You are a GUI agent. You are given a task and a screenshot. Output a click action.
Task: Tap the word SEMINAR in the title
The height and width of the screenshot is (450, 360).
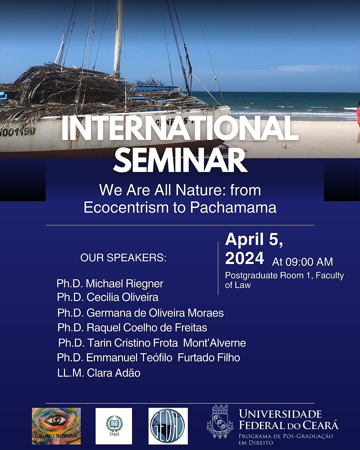point(180,161)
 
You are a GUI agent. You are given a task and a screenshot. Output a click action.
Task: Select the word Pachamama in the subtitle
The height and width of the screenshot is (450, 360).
point(233,207)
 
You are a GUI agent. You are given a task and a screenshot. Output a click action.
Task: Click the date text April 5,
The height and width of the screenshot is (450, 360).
point(254,239)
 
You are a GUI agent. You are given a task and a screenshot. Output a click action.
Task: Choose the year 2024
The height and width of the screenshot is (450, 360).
point(245,258)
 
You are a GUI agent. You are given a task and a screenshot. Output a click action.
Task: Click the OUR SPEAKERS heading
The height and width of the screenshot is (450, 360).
point(123,258)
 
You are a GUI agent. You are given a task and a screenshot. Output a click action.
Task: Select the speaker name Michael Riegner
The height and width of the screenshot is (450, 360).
point(124,284)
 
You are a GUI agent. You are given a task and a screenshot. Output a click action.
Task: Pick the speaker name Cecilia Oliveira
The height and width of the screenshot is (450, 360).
point(122,297)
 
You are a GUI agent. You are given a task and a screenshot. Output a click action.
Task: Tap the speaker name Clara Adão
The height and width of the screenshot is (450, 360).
point(114,373)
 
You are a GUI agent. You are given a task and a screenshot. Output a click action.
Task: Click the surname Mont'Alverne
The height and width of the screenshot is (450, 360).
point(214,343)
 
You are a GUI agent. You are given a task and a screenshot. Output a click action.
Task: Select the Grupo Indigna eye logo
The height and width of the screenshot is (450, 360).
point(56,426)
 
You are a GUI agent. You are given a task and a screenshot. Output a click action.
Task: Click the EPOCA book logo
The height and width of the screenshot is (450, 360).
point(114,426)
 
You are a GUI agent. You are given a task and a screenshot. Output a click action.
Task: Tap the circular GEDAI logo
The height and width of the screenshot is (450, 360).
point(168,426)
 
